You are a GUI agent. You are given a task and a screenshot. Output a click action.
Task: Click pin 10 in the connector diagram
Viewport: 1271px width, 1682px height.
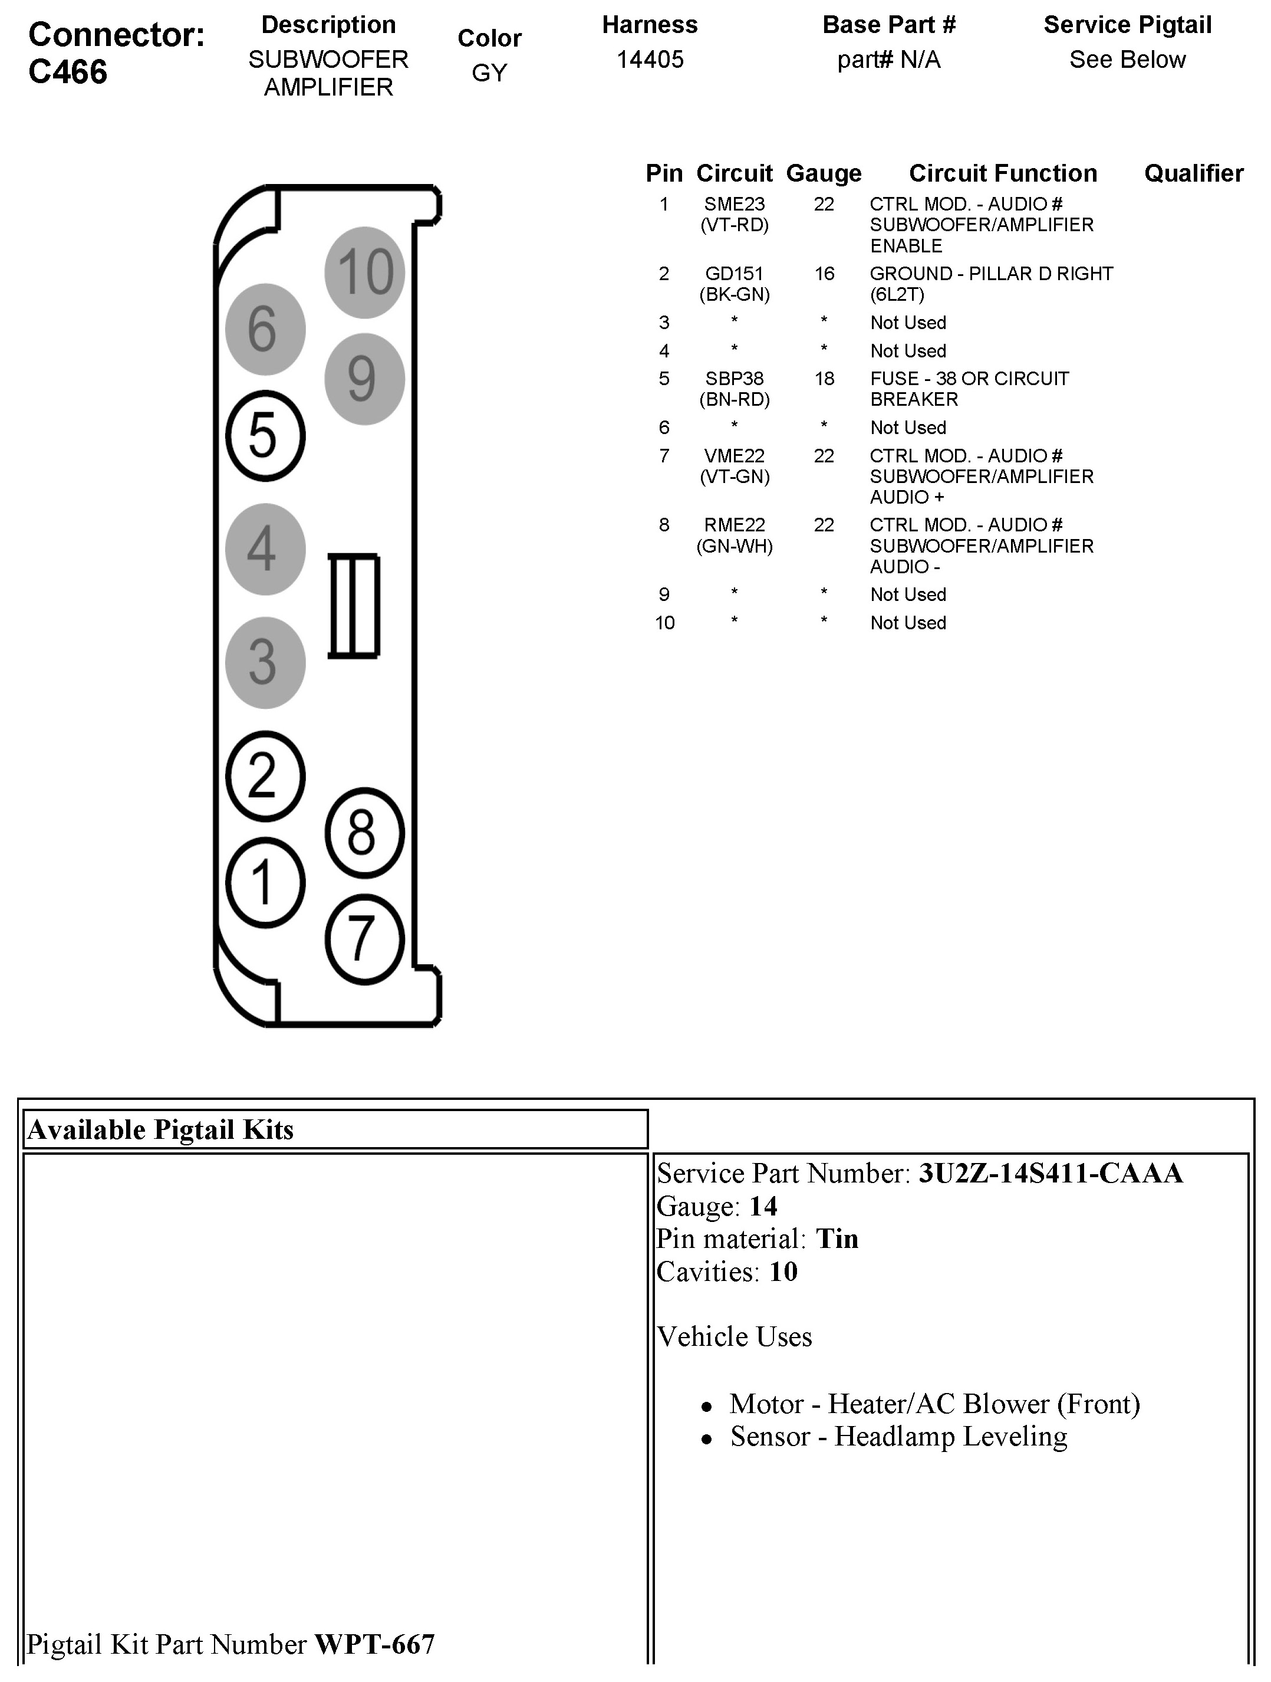pos(364,272)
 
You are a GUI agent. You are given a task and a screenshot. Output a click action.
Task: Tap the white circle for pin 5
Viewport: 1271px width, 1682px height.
pos(265,436)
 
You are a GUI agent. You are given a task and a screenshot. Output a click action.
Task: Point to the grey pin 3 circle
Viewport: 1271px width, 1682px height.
pos(265,662)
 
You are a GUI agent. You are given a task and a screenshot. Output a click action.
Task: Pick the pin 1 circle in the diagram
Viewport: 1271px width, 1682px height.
pos(265,883)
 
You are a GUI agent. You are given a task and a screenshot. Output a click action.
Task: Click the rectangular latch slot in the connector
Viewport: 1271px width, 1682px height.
pos(354,605)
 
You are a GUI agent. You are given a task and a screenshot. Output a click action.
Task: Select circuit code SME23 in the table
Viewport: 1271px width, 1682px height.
pos(735,205)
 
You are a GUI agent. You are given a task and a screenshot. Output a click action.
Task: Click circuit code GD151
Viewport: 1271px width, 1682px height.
pos(735,274)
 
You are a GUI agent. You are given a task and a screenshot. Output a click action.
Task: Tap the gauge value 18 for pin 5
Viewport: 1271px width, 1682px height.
pos(824,379)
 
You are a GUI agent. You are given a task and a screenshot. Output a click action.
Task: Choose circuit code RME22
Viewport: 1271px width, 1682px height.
pos(735,525)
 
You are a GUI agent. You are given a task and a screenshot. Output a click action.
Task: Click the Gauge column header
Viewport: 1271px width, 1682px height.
pos(824,173)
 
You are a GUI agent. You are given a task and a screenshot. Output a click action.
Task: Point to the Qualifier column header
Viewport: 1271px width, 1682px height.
pos(1193,173)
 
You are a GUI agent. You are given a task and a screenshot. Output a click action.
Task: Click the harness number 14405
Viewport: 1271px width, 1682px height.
pos(650,60)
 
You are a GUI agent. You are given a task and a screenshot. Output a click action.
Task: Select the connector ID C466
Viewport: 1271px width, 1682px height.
pos(68,72)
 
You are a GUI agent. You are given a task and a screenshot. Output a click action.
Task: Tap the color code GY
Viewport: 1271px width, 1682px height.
pos(489,73)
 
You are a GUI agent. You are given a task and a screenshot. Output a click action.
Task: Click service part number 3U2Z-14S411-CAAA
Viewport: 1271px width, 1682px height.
pos(1051,1173)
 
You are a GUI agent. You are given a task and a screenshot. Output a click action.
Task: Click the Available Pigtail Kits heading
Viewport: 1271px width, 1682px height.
pos(160,1130)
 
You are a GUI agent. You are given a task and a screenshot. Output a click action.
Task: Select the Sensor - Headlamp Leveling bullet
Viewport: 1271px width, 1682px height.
pos(898,1437)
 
